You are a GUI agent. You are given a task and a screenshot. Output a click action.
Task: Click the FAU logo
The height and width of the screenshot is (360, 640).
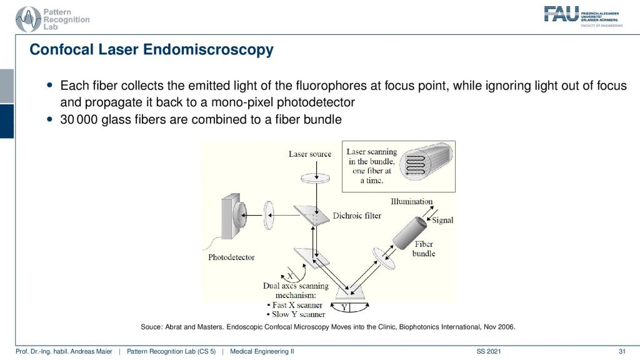583,16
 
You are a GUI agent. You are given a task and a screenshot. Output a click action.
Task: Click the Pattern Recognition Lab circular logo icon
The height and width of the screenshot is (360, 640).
27,19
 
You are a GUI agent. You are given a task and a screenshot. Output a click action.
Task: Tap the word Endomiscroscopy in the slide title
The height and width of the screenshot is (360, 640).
208,49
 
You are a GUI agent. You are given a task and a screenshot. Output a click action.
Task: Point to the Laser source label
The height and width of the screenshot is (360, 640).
310,154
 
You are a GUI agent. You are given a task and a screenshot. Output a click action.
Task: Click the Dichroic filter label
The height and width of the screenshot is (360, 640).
357,216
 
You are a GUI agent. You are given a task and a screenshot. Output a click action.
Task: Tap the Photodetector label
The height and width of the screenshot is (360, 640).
231,257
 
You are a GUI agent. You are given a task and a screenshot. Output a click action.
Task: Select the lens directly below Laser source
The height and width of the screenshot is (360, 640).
316,178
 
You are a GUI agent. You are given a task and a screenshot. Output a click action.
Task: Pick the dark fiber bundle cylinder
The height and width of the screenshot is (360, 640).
409,233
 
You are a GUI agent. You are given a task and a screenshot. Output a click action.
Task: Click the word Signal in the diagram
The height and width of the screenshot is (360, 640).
442,221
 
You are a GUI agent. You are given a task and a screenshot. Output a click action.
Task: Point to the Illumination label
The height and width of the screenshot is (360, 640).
411,201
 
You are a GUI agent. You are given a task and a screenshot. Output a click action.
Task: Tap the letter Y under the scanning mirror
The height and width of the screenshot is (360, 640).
344,307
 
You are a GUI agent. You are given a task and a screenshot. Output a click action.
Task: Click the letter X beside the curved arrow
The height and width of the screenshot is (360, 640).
290,276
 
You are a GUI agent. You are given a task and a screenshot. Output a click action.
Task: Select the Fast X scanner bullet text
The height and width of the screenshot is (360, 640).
297,305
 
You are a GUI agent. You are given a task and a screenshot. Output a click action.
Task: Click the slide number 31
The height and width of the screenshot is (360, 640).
622,351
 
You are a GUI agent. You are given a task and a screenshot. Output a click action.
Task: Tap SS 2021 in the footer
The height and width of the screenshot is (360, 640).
489,351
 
